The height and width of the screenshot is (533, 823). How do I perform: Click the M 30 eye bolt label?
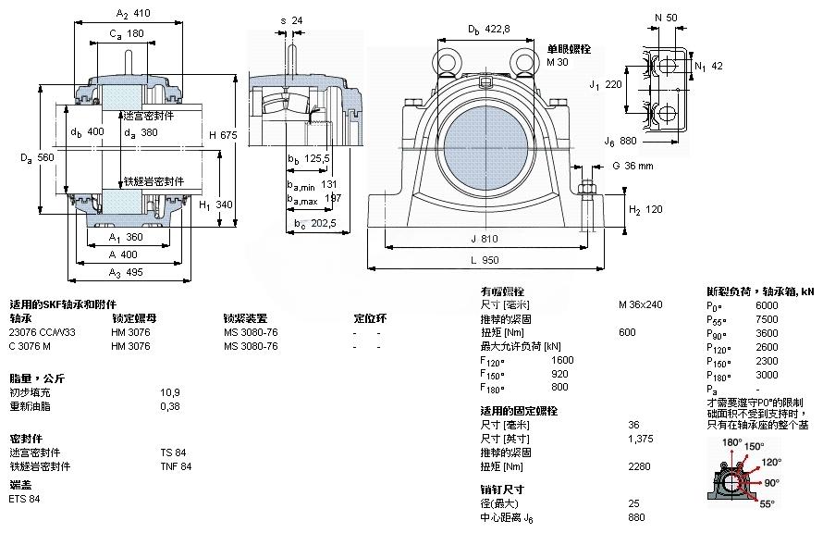pyautogui.click(x=558, y=62)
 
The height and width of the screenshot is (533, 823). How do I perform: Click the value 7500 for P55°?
pyautogui.click(x=767, y=319)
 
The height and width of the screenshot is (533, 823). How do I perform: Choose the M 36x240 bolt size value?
pyautogui.click(x=640, y=304)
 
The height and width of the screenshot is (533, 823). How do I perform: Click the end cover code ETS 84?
pyautogui.click(x=24, y=499)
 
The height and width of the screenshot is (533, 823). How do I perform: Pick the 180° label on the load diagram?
pyautogui.click(x=731, y=443)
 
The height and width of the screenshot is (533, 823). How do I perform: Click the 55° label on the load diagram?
pyautogui.click(x=768, y=505)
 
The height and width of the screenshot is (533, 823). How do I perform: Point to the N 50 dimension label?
pyautogui.click(x=665, y=19)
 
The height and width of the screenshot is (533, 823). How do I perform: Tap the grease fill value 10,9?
pyautogui.click(x=170, y=392)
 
